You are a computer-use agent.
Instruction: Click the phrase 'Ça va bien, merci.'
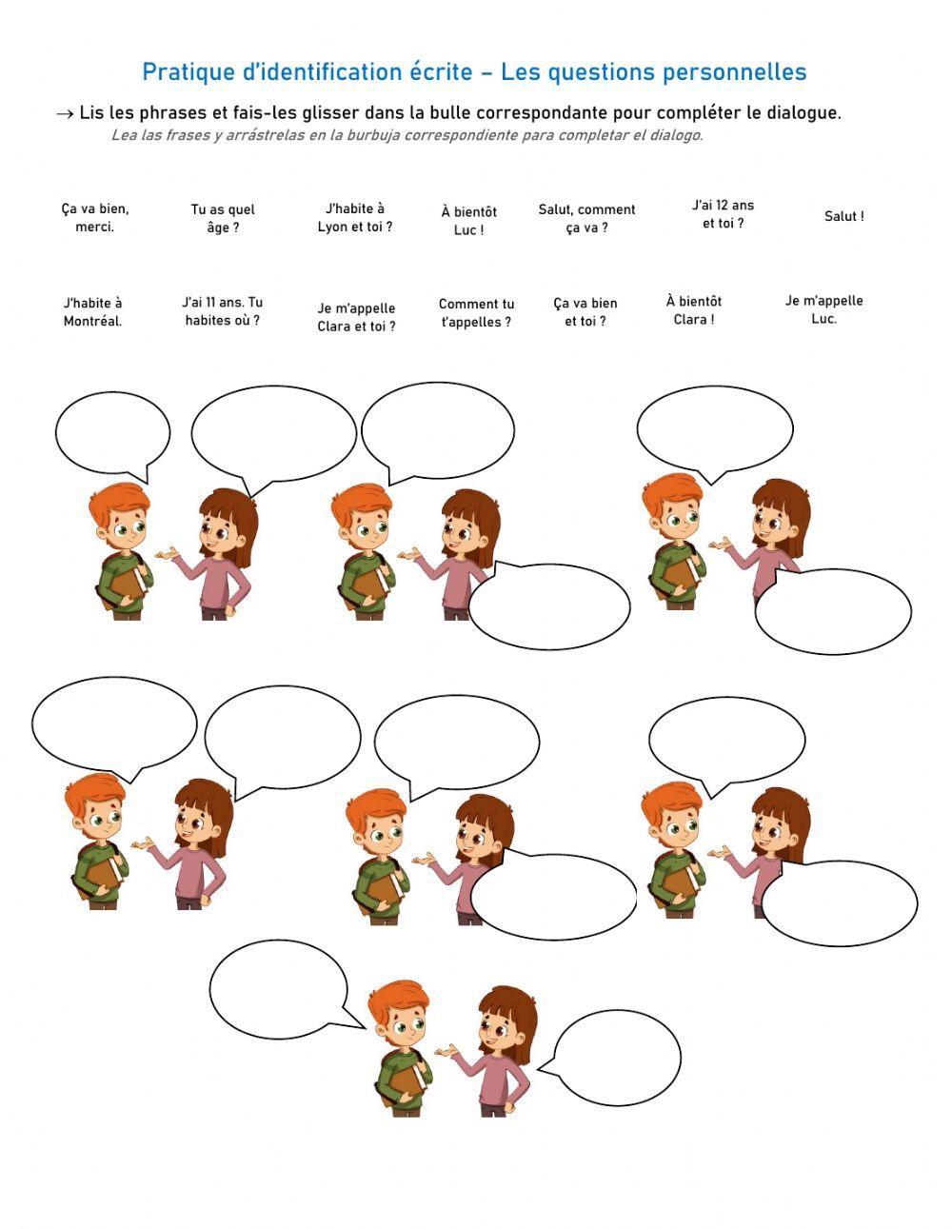[x=94, y=218]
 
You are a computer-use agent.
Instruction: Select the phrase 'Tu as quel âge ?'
[x=223, y=219]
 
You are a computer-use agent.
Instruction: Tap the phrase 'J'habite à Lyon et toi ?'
[x=355, y=218]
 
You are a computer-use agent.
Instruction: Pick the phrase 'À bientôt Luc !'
[x=468, y=221]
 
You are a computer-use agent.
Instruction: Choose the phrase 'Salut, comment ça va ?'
[x=586, y=219]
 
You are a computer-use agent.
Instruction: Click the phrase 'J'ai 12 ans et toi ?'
[x=723, y=214]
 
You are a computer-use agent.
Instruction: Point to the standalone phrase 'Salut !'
[x=843, y=217]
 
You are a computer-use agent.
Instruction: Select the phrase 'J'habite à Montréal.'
[x=92, y=312]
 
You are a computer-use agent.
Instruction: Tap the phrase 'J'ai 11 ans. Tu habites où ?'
[x=223, y=311]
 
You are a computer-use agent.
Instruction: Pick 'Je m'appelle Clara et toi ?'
[x=356, y=317]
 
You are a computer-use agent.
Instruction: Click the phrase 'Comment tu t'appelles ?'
[x=476, y=313]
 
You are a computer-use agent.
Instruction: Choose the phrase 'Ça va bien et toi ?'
[x=585, y=312]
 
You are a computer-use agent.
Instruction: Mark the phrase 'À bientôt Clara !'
[x=694, y=310]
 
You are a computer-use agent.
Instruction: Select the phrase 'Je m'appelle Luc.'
[x=823, y=309]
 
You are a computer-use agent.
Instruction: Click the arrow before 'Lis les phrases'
[x=65, y=114]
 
